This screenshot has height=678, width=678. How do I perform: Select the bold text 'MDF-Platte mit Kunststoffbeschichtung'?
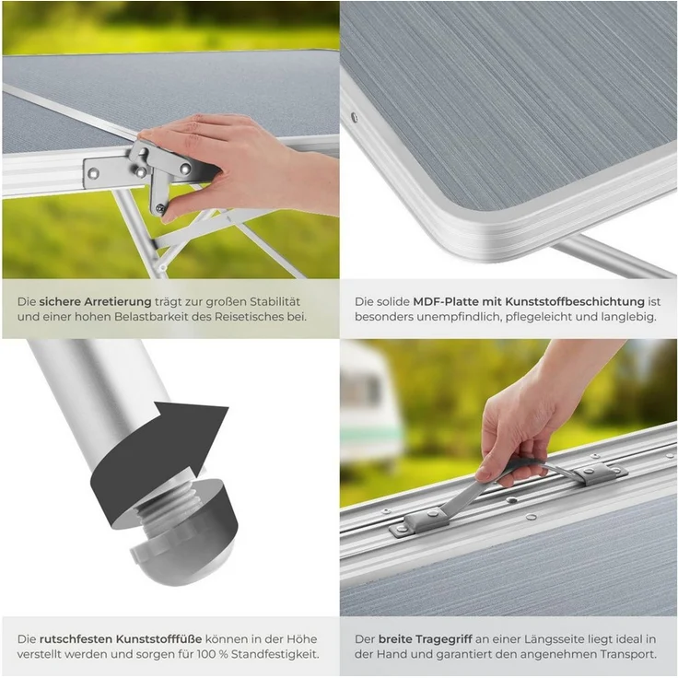pyautogui.click(x=529, y=301)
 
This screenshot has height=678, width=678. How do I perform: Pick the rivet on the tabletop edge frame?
pyautogui.click(x=355, y=117)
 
